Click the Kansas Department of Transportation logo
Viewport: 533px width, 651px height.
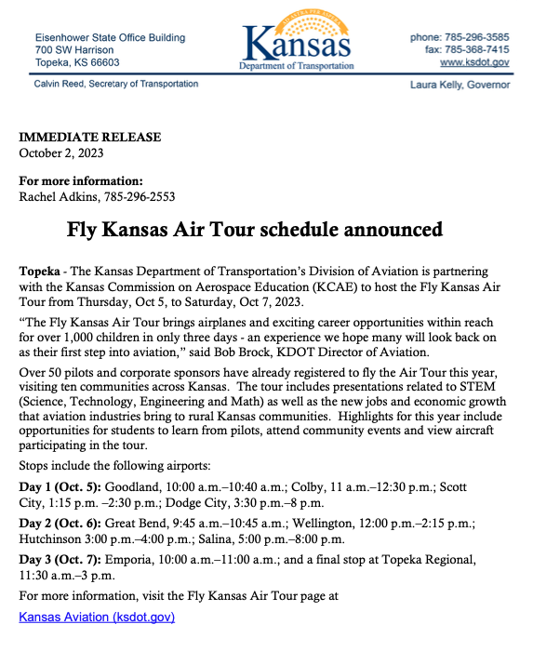tap(296, 43)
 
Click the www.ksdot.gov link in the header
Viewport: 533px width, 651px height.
tap(474, 61)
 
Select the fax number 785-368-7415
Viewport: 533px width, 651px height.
tap(480, 49)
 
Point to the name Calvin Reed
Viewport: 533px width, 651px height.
tap(66, 84)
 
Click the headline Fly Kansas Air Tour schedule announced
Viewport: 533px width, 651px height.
tap(254, 230)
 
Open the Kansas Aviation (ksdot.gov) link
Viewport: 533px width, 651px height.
tap(97, 616)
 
